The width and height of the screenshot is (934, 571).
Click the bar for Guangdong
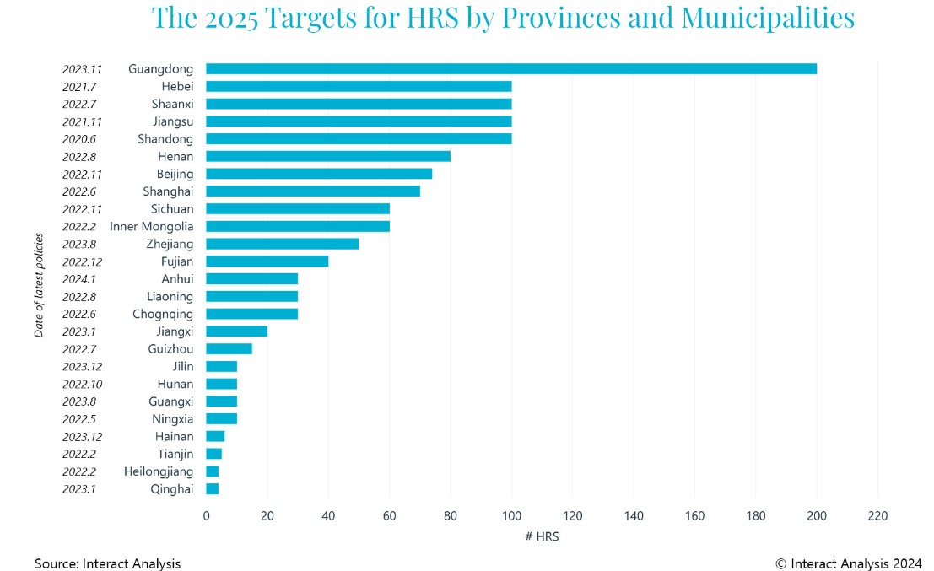[x=510, y=68]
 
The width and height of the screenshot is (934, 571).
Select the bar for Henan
[x=327, y=156]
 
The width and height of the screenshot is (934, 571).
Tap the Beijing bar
[x=318, y=174]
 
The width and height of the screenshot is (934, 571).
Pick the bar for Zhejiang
[x=282, y=244]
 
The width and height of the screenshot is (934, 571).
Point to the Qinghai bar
[x=212, y=489]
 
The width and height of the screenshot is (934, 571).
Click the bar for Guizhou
[x=229, y=348]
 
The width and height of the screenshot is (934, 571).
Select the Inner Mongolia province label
[x=151, y=226]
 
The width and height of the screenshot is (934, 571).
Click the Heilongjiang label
[x=159, y=471]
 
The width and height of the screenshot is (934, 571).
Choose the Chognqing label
[x=163, y=314]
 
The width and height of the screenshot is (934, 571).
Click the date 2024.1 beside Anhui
[x=82, y=279]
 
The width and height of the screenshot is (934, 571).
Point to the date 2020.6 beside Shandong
[x=82, y=139]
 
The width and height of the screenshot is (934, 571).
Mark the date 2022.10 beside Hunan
[x=82, y=384]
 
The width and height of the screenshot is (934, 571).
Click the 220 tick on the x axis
[x=877, y=515]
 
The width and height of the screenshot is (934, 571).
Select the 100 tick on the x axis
[x=511, y=515]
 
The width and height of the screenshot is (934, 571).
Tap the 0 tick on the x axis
[x=206, y=515]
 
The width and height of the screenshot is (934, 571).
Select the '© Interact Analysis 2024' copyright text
[x=848, y=563]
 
